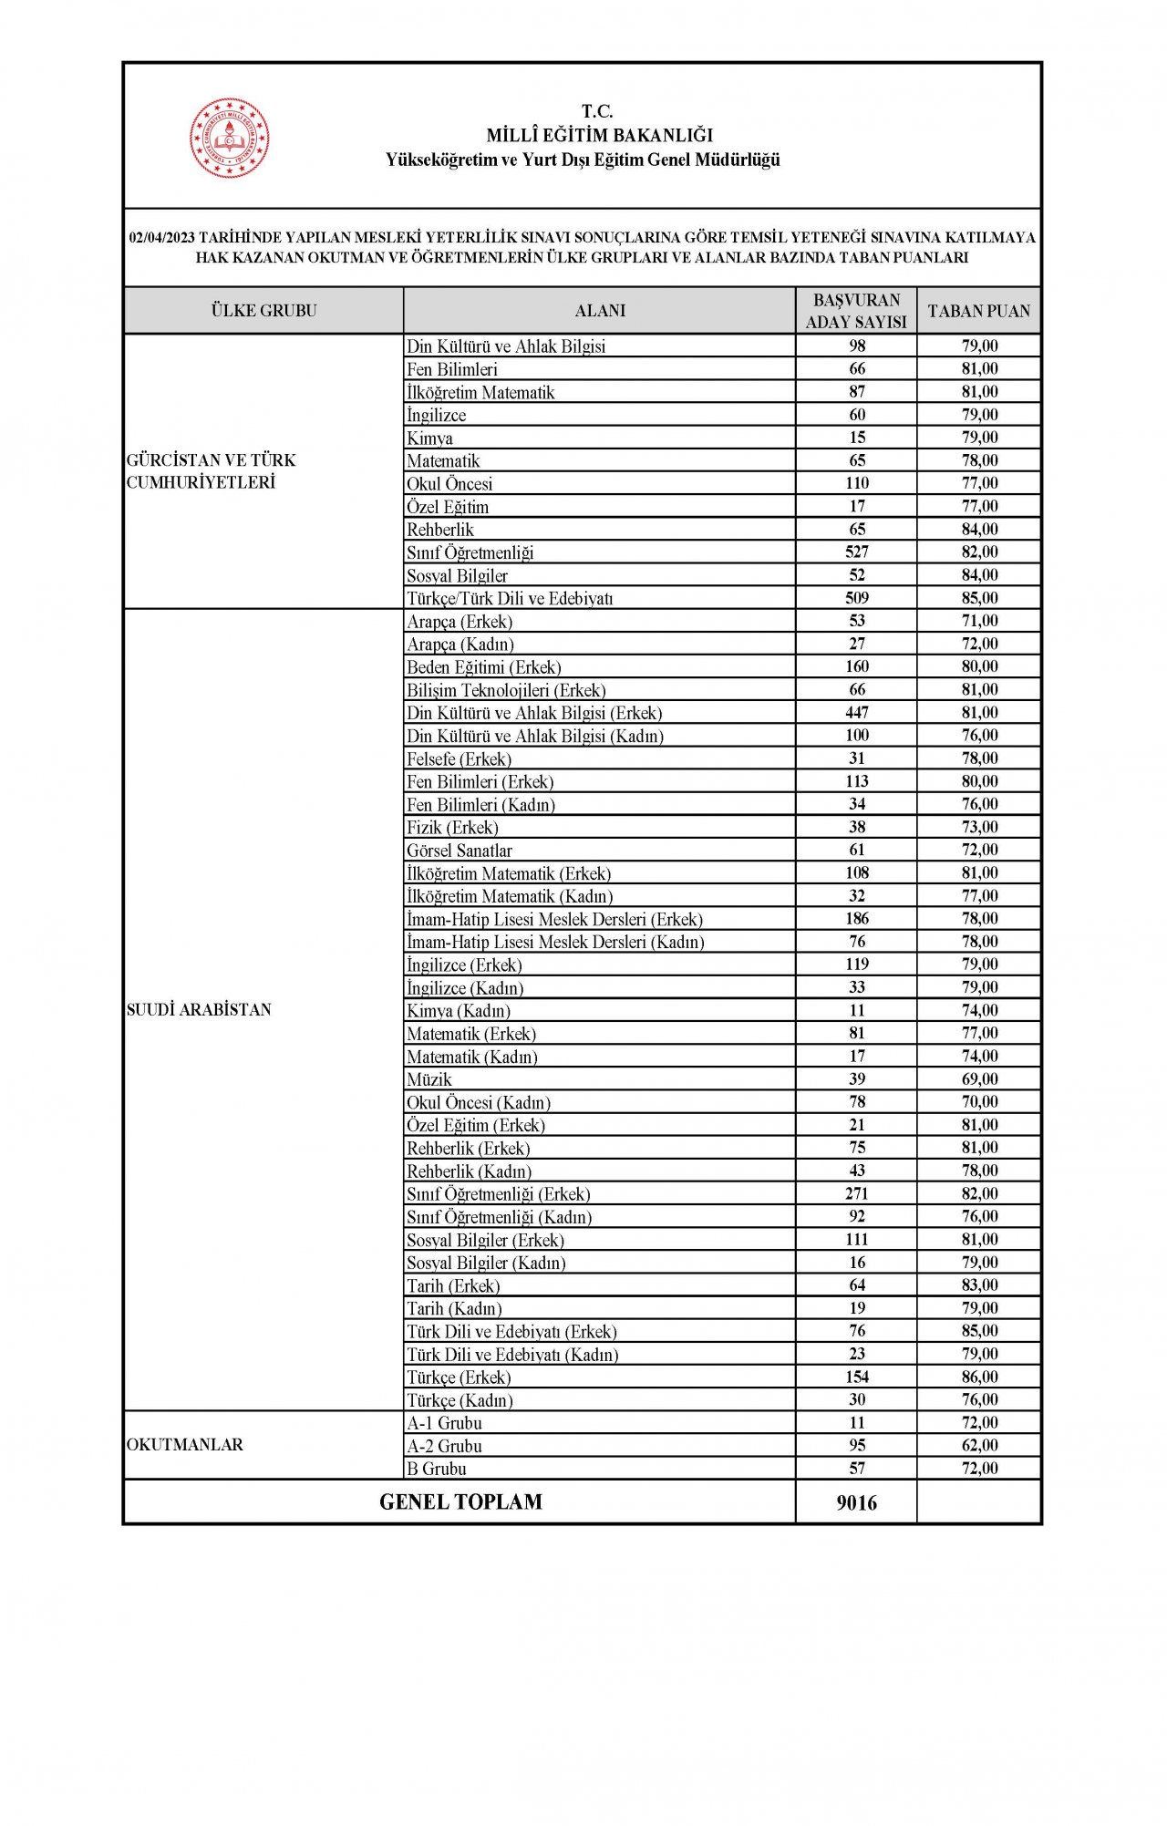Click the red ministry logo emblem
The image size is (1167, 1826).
click(x=230, y=138)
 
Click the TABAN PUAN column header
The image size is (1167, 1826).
click(x=978, y=311)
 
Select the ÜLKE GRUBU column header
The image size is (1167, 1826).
click(x=263, y=311)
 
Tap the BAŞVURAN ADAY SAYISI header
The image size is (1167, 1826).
click(x=856, y=311)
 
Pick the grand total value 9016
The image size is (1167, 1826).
click(x=856, y=1502)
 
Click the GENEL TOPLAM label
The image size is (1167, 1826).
click(x=460, y=1501)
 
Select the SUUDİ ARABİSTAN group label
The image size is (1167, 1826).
click(x=199, y=1010)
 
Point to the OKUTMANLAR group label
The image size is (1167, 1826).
click(x=185, y=1445)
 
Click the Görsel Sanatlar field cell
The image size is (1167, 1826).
click(x=460, y=851)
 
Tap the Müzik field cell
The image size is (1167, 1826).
click(x=429, y=1079)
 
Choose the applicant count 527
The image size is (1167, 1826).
click(x=856, y=552)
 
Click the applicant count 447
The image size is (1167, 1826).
click(x=856, y=713)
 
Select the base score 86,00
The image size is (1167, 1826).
click(x=979, y=1377)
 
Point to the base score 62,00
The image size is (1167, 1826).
click(x=979, y=1446)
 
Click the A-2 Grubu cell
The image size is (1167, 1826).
click(x=445, y=1446)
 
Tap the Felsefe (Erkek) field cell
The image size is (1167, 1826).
click(x=459, y=758)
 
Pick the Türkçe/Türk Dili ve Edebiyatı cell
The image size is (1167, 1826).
click(x=510, y=599)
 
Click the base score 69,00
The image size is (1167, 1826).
click(x=979, y=1079)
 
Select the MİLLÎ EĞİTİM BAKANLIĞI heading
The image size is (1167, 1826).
click(x=599, y=136)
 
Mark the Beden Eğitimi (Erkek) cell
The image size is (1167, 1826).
click(x=484, y=667)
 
